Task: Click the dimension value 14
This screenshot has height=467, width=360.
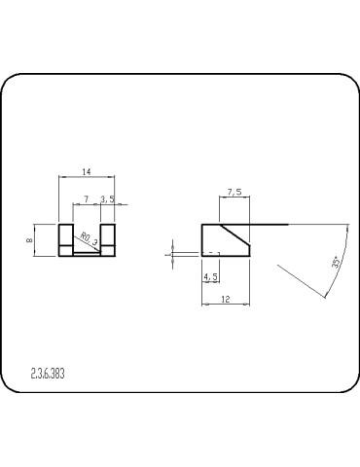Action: [x=87, y=172]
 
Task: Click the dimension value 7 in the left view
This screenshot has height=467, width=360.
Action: [x=88, y=198]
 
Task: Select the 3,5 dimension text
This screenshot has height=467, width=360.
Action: [x=109, y=198]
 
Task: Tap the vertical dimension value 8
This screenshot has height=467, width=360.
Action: [x=30, y=239]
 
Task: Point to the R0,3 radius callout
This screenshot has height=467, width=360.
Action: [x=88, y=236]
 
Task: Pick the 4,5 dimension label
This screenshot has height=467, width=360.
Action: [x=210, y=277]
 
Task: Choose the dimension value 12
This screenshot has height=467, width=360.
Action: [x=225, y=299]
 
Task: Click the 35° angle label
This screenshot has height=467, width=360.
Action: [x=336, y=263]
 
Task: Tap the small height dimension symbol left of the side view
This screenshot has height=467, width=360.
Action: [x=171, y=252]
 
